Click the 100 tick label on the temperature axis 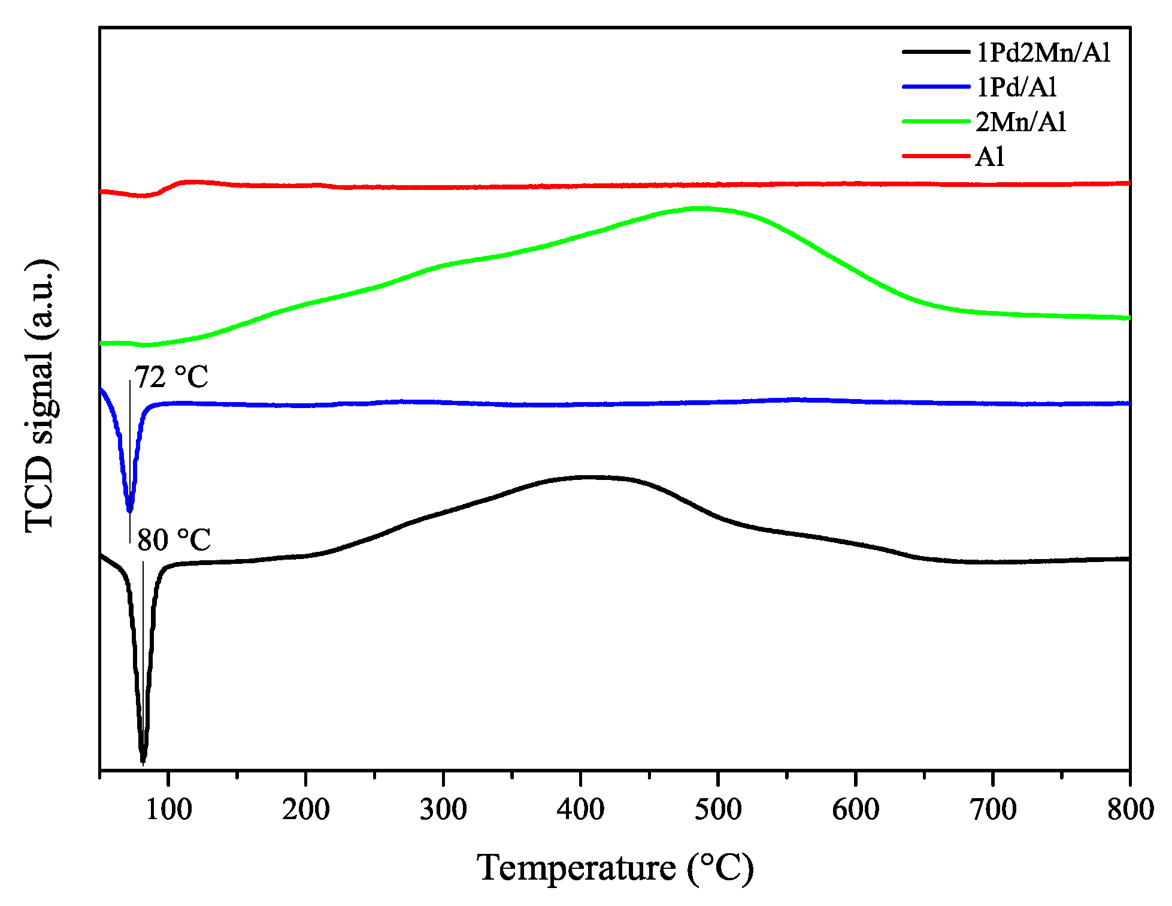168,810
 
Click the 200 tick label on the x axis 305,810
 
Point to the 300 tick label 443,810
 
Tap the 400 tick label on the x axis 580,810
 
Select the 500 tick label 717,810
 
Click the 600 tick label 855,810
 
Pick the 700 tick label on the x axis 992,810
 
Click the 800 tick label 1129,810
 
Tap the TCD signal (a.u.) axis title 41,397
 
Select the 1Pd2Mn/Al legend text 1043,53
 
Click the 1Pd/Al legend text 1016,87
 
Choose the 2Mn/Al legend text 1021,122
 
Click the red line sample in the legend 935,156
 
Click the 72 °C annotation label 171,377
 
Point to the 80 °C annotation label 174,540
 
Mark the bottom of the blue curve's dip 129,511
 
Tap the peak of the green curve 698,209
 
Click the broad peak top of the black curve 590,478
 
